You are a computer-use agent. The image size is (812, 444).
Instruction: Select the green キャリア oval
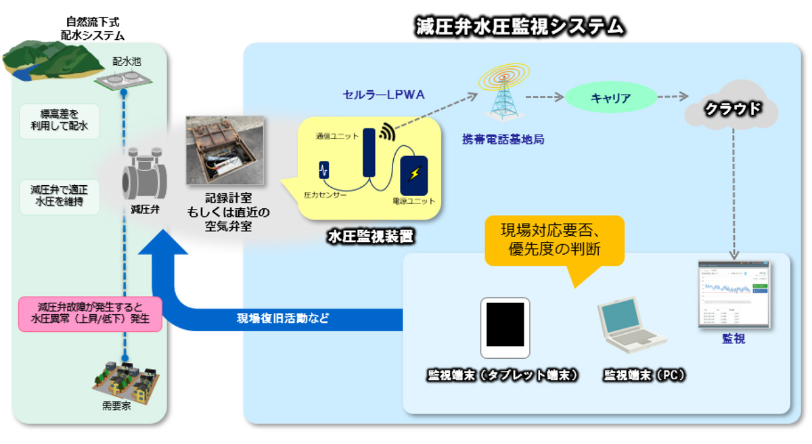point(610,98)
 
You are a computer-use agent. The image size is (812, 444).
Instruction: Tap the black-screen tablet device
point(505,327)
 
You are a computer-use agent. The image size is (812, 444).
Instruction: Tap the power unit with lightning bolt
point(413,174)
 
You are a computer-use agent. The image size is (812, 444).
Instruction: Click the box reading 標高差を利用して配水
point(60,120)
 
